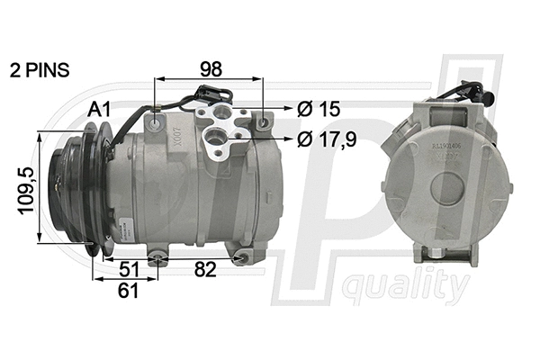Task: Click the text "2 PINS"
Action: coord(39,68)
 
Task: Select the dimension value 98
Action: coord(212,69)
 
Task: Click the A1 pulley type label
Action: coord(99,109)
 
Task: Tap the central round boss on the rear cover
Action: coord(447,190)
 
